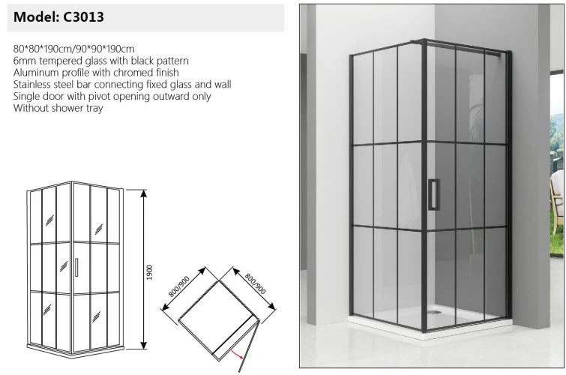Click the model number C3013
pyautogui.click(x=83, y=17)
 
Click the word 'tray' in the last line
pyautogui.click(x=94, y=108)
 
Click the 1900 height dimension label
pyautogui.click(x=150, y=272)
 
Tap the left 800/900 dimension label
pyautogui.click(x=179, y=286)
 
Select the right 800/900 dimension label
pyautogui.click(x=255, y=283)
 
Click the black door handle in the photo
pyautogui.click(x=433, y=194)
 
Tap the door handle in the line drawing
pyautogui.click(x=76, y=267)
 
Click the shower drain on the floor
pyautogui.click(x=434, y=311)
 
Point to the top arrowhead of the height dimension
pyautogui.click(x=144, y=193)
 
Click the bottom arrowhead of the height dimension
pyautogui.click(x=144, y=345)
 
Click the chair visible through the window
pyautogui.click(x=556, y=202)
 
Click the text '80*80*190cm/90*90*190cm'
pyautogui.click(x=74, y=49)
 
